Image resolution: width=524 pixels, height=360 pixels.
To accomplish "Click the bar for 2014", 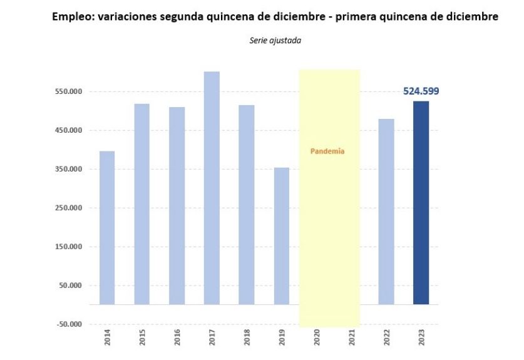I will [x=107, y=228].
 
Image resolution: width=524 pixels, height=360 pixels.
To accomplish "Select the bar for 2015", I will [x=142, y=204].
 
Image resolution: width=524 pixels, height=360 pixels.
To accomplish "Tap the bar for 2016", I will [x=177, y=206].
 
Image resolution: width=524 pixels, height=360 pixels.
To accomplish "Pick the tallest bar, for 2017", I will [x=212, y=188].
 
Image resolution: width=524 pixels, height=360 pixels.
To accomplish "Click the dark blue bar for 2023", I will [x=421, y=203].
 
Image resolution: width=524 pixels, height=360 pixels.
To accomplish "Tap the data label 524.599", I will [x=421, y=91].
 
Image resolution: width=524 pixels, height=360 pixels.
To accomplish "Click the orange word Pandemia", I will [x=327, y=152].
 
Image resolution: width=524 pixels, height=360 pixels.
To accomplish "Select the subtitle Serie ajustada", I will [x=267, y=41].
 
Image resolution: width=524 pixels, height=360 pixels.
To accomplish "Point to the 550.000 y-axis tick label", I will [x=69, y=92].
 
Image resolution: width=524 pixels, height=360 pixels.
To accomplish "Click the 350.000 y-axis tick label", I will [x=69, y=170].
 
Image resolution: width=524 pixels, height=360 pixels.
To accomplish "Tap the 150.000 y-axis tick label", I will [x=69, y=247].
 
